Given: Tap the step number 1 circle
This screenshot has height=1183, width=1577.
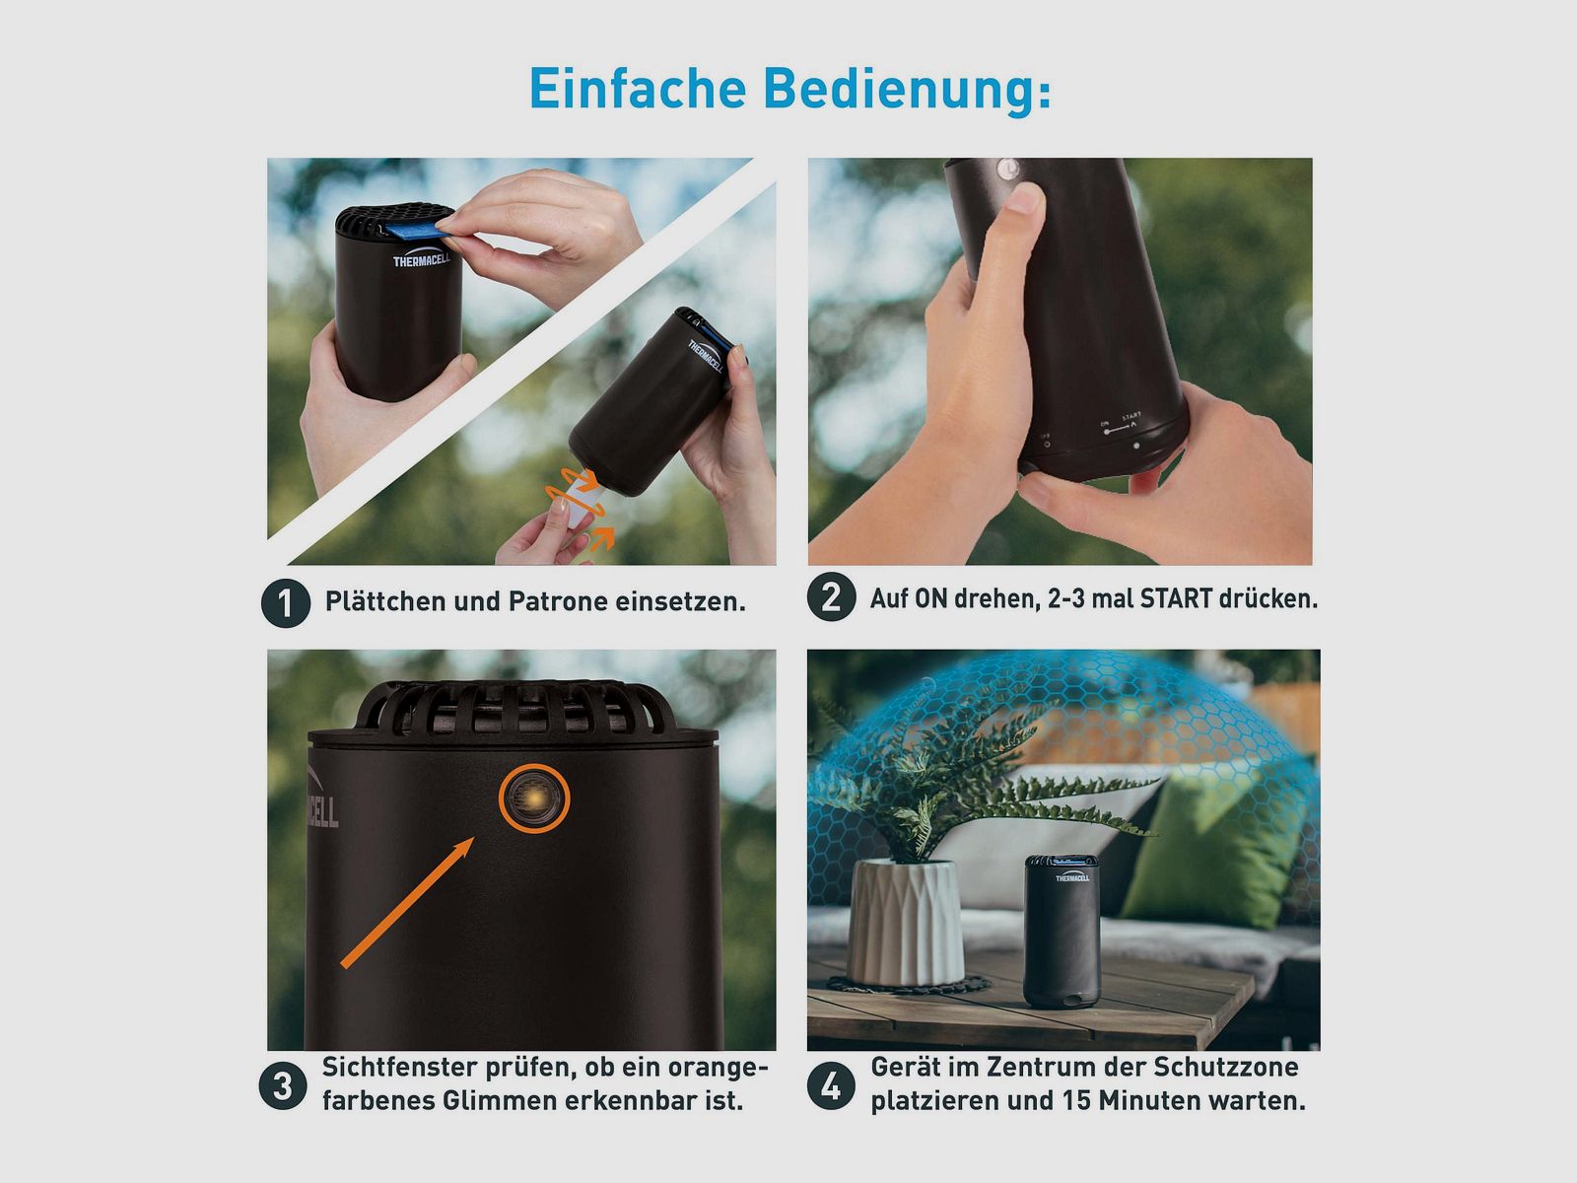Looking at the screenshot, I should tap(286, 602).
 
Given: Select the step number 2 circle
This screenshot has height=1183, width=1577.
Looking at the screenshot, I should tap(831, 597).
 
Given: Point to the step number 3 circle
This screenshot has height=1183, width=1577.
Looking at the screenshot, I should tap(283, 1085).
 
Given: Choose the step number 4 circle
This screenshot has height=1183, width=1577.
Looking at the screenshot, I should tap(831, 1085).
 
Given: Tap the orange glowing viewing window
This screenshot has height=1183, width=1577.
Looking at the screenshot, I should tap(534, 798).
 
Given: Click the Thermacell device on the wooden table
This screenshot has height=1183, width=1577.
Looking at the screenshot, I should tap(1061, 932).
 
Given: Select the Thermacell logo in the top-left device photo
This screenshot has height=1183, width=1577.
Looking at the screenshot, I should tap(421, 260).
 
